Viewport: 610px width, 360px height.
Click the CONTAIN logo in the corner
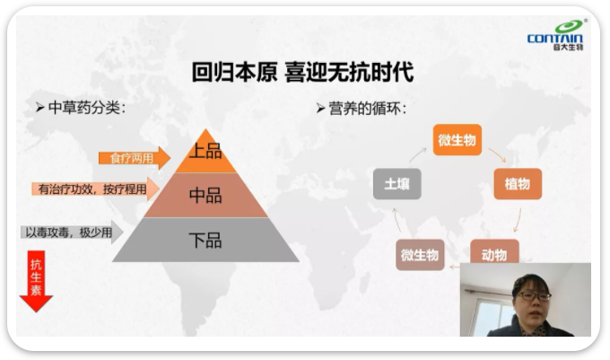pos(555,35)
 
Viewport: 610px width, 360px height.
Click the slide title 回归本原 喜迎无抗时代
pos(302,72)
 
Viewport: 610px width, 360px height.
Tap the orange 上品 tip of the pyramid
pos(205,154)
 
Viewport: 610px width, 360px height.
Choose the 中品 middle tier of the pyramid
pos(205,195)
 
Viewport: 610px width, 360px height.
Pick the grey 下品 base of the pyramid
pos(205,240)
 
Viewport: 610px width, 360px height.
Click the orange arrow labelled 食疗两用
pos(135,158)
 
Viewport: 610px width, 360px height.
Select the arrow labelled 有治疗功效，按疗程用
pos(96,189)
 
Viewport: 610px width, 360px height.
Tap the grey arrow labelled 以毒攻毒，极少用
pos(72,233)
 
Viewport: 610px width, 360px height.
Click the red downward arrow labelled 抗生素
pos(36,281)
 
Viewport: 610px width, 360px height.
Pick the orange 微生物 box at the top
pos(457,140)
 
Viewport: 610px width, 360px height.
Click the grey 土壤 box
pos(396,184)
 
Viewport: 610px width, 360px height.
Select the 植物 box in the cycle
pos(518,184)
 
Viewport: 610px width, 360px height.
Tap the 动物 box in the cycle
pos(494,252)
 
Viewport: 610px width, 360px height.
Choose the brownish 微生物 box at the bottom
pos(420,255)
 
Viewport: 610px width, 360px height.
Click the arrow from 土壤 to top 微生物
pos(417,154)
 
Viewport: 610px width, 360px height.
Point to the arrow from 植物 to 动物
pos(518,220)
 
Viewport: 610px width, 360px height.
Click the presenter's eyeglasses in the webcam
pos(535,296)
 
